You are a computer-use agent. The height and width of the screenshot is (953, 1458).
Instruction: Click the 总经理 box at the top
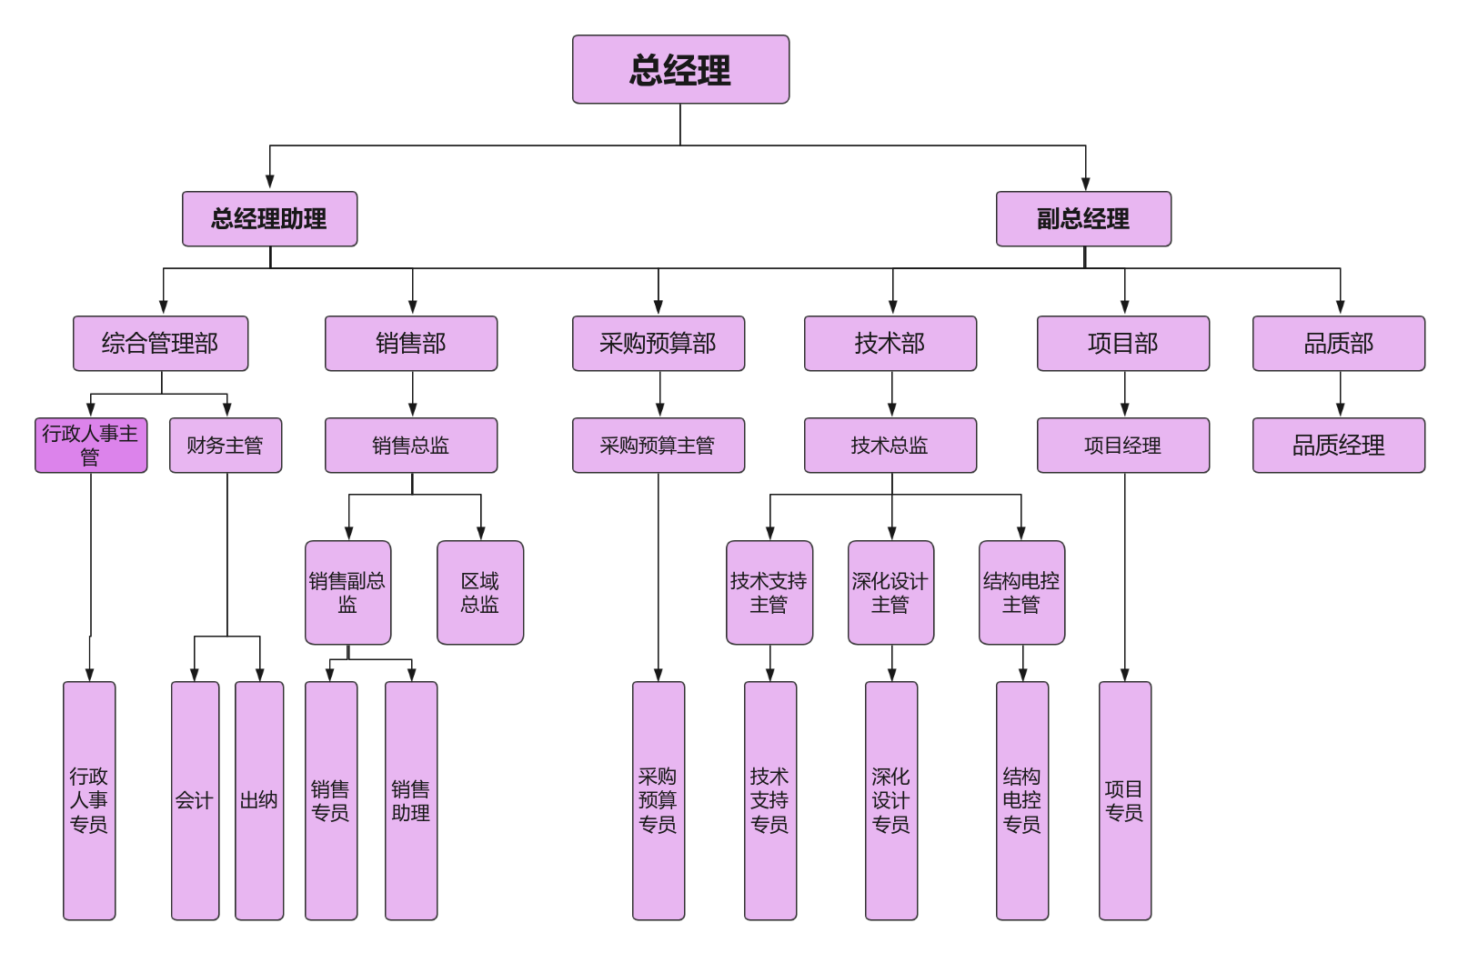pyautogui.click(x=680, y=70)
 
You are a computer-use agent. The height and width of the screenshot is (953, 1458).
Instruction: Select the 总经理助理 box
pyautogui.click(x=269, y=219)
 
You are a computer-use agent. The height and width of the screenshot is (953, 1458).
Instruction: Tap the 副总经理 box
pyautogui.click(x=1083, y=219)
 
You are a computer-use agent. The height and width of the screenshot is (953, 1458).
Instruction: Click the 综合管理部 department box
pyautogui.click(x=160, y=344)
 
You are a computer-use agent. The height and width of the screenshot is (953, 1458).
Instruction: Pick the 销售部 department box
pyautogui.click(x=411, y=344)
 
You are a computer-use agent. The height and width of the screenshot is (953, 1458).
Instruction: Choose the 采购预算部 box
pyautogui.click(x=659, y=344)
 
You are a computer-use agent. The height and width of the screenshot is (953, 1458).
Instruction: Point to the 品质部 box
pyautogui.click(x=1338, y=344)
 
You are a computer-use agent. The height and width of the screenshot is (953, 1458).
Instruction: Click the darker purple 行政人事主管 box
pyautogui.click(x=91, y=446)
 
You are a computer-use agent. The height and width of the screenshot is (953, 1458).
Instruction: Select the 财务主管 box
pyautogui.click(x=226, y=446)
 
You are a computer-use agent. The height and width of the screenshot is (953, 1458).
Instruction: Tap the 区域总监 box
pyautogui.click(x=480, y=593)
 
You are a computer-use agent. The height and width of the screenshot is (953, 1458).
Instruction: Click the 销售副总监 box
pyautogui.click(x=347, y=593)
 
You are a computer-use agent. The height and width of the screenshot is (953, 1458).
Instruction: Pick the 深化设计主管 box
pyautogui.click(x=890, y=593)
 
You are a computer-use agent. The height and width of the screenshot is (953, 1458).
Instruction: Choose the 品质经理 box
pyautogui.click(x=1338, y=446)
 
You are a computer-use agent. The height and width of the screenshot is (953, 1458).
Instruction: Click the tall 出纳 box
pyautogui.click(x=259, y=800)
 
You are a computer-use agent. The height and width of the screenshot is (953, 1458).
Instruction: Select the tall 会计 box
pyautogui.click(x=195, y=800)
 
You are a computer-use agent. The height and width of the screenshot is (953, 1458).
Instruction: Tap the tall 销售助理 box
pyautogui.click(x=411, y=800)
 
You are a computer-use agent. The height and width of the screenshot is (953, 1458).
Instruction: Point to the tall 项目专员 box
pyautogui.click(x=1125, y=800)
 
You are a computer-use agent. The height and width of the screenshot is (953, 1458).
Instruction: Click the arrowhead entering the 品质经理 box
pyautogui.click(x=1340, y=410)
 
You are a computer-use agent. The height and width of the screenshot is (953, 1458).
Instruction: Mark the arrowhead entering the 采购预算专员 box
pyautogui.click(x=659, y=675)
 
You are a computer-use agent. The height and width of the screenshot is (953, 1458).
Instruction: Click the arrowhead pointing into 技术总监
pyautogui.click(x=892, y=410)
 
